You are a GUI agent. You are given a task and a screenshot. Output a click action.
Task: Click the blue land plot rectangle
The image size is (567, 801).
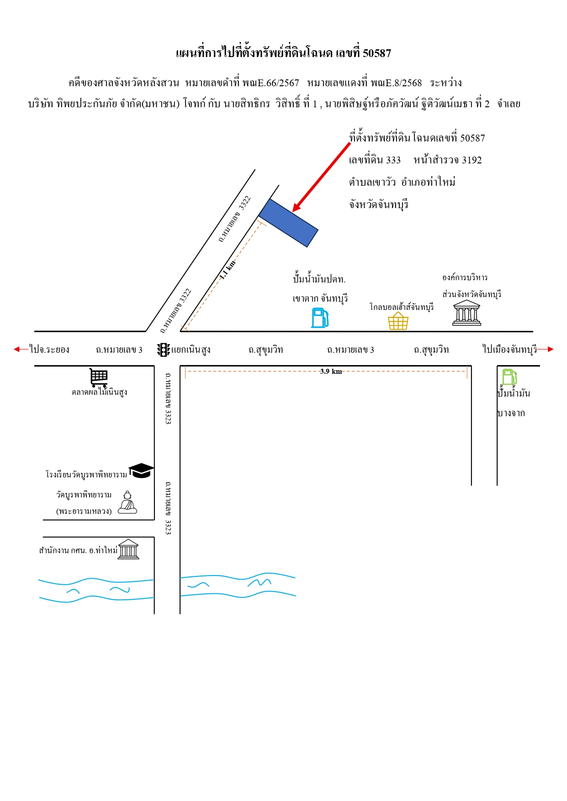pos(288,223)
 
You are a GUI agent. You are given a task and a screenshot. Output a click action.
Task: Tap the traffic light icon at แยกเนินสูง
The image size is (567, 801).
pos(164,350)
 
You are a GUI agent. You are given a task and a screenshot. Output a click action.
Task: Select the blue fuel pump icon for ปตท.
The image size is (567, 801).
pos(320,318)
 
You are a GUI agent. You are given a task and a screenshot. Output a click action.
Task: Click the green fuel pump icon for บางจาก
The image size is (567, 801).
pos(509,377)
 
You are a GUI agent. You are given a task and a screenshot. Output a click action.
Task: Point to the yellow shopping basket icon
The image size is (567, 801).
pos(398,321)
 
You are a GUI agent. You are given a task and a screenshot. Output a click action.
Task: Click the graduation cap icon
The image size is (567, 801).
pos(141,471)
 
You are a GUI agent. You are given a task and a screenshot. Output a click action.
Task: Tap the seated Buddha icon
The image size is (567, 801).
pos(127,503)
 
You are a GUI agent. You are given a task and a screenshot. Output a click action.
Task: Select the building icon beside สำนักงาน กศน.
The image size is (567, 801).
pos(128,549)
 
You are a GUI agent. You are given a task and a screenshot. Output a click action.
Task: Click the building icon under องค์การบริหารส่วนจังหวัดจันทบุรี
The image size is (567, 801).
pos(466,313)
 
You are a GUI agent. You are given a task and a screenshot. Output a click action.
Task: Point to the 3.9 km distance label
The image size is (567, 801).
pos(331,372)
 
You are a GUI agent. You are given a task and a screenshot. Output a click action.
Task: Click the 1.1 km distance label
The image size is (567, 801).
pos(228,270)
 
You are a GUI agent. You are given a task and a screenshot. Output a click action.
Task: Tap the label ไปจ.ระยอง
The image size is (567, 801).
pos(49,350)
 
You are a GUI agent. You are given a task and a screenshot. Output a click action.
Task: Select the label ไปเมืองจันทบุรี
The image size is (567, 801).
pos(510,349)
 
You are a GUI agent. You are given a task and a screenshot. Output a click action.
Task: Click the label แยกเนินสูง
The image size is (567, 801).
pos(191,350)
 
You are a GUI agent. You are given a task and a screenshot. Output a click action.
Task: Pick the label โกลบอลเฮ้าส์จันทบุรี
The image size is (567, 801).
pos(402,307)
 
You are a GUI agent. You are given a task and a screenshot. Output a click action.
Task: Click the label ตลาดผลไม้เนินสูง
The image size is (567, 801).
pos(99,392)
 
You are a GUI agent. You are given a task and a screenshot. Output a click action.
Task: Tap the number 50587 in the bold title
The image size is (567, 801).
pos(377,53)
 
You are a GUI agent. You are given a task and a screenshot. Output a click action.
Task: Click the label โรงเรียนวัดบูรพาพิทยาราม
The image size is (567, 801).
pos(86,475)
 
